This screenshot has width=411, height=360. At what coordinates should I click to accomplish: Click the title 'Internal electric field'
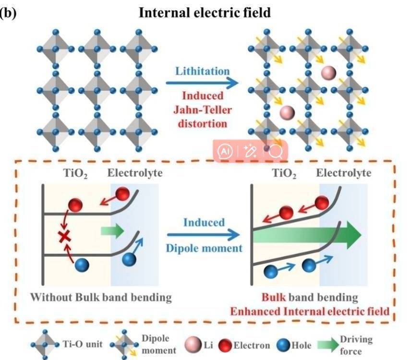(x=205, y=12)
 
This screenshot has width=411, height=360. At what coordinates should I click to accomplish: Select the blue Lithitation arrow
(x=202, y=84)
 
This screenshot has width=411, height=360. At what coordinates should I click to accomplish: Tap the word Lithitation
(x=202, y=71)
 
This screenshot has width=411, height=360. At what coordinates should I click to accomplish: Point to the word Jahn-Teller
(x=202, y=110)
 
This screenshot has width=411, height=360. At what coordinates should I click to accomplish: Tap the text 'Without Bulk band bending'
(x=101, y=297)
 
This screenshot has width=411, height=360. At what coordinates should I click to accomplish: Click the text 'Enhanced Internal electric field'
(x=310, y=311)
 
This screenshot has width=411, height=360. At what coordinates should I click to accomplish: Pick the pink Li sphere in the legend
(x=193, y=345)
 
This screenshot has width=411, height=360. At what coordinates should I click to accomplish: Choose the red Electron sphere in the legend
(x=225, y=345)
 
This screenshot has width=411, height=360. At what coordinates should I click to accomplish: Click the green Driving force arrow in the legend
(x=325, y=344)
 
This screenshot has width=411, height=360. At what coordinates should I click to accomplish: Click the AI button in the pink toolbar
(x=226, y=152)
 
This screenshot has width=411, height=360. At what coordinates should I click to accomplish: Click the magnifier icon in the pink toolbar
(x=275, y=152)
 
